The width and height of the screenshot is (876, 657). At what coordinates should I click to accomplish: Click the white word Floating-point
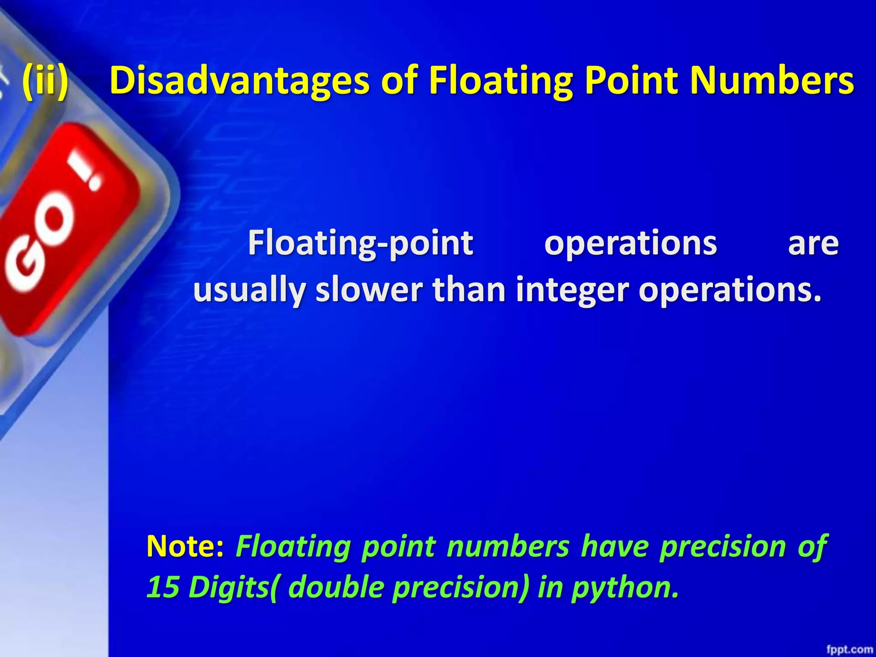[x=361, y=243]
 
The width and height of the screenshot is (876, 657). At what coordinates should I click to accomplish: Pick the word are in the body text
[x=813, y=243]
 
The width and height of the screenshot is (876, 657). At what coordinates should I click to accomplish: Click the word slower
[x=369, y=290]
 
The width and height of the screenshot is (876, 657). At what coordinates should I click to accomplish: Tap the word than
[x=469, y=290]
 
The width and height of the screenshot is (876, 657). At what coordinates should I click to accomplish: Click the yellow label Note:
[x=185, y=546]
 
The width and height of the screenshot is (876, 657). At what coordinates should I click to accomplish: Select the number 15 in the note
[x=163, y=587]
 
